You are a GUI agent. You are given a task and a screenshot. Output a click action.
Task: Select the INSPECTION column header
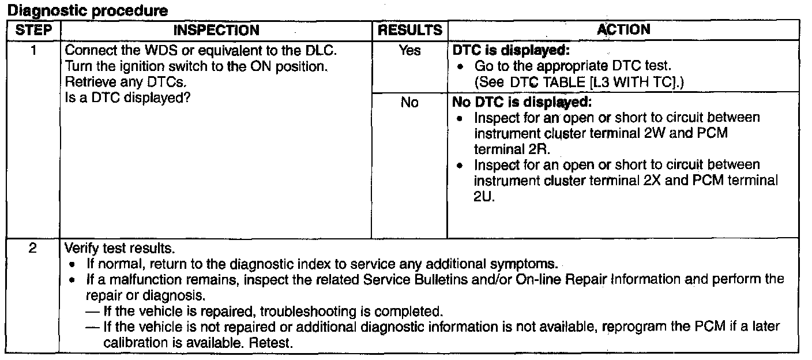[216, 30]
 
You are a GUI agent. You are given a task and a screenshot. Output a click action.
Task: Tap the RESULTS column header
[409, 30]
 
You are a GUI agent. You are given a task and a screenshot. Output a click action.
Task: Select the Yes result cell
[409, 51]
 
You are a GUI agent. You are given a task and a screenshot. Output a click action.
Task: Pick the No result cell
[409, 104]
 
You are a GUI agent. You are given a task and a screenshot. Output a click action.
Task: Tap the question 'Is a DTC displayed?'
[127, 97]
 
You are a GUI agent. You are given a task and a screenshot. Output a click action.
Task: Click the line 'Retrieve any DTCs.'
[118, 82]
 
